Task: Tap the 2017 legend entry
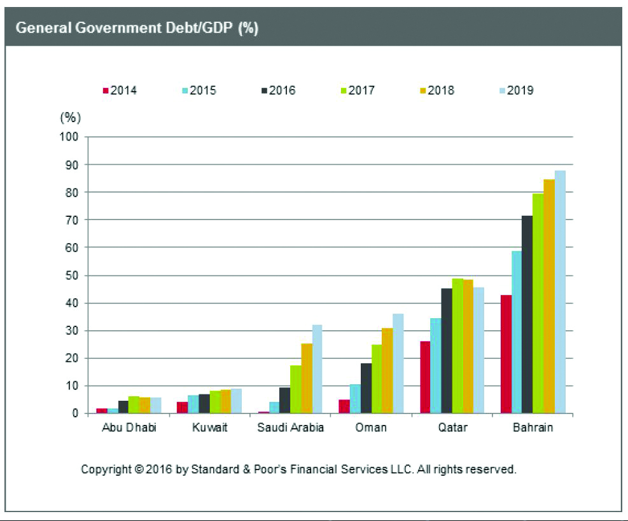[x=357, y=90]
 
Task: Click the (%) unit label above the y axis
[x=70, y=118]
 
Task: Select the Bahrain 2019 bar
[x=560, y=292]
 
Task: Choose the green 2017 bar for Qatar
[x=457, y=346]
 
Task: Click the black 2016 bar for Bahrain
[x=527, y=315]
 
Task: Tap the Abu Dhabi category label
[x=129, y=427]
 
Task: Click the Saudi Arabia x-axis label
[x=290, y=427]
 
